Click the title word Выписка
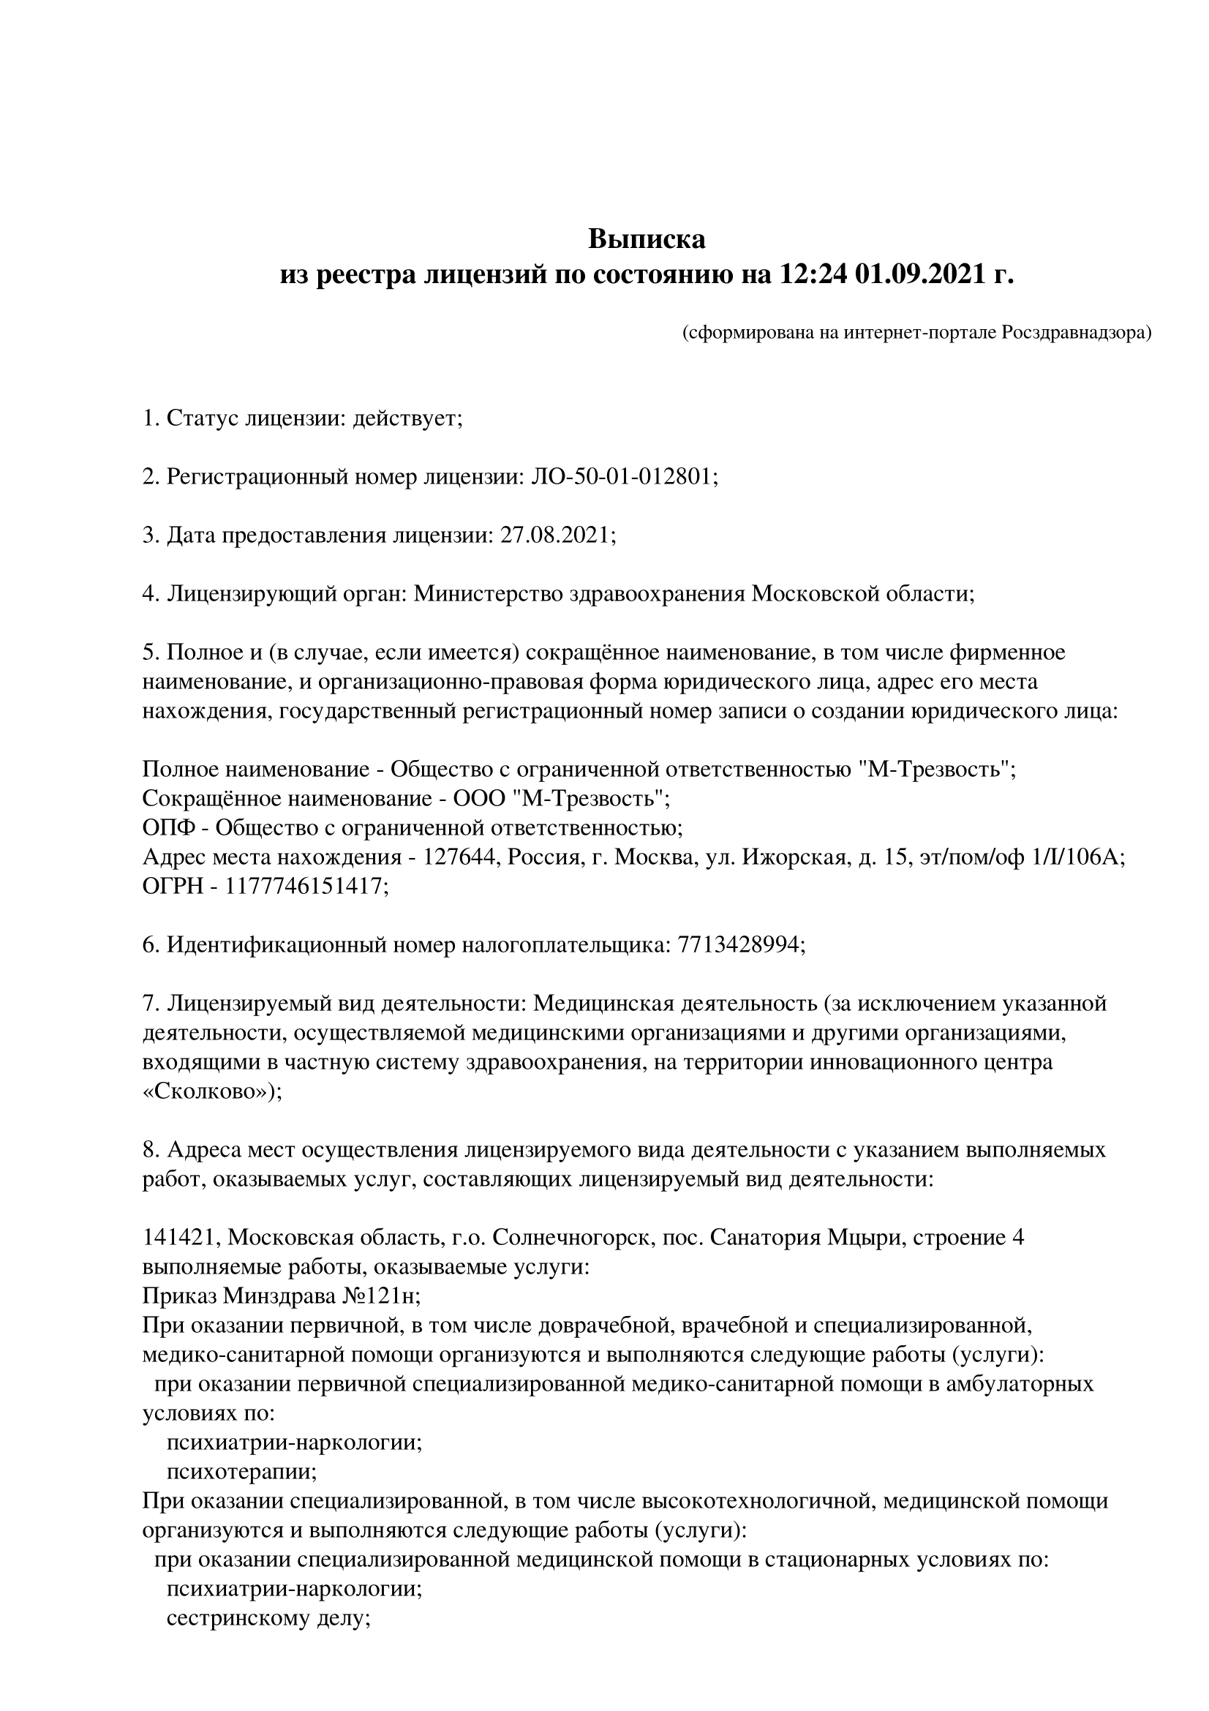coord(647,239)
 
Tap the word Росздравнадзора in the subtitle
coord(1076,333)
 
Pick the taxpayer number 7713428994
coord(740,945)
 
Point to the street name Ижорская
coord(801,857)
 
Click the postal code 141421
coord(178,1238)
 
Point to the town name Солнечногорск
coord(572,1238)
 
